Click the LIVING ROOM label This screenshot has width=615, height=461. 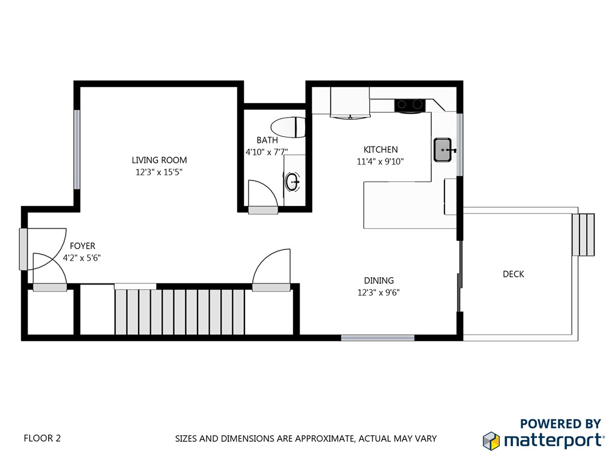(x=159, y=160)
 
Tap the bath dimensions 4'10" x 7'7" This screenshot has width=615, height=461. (x=267, y=152)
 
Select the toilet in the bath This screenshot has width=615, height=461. (x=289, y=127)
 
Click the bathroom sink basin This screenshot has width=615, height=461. (x=293, y=181)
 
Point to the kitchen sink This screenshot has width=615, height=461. (x=443, y=149)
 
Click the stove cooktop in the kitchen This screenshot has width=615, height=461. (x=410, y=106)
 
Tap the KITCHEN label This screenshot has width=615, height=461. (x=380, y=149)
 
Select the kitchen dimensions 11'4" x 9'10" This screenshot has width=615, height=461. (x=380, y=161)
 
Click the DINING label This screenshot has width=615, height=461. (x=378, y=280)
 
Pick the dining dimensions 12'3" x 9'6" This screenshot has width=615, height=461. (x=378, y=293)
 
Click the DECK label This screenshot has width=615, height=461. (x=513, y=274)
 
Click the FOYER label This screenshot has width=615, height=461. (x=82, y=246)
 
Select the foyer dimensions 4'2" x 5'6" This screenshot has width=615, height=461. (x=82, y=258)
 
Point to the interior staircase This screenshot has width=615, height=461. (x=180, y=312)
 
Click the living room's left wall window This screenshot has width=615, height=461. (x=77, y=149)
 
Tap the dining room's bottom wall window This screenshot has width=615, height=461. (x=378, y=338)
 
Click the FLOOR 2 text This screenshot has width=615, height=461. (x=42, y=438)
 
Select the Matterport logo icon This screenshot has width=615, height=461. (x=491, y=440)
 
